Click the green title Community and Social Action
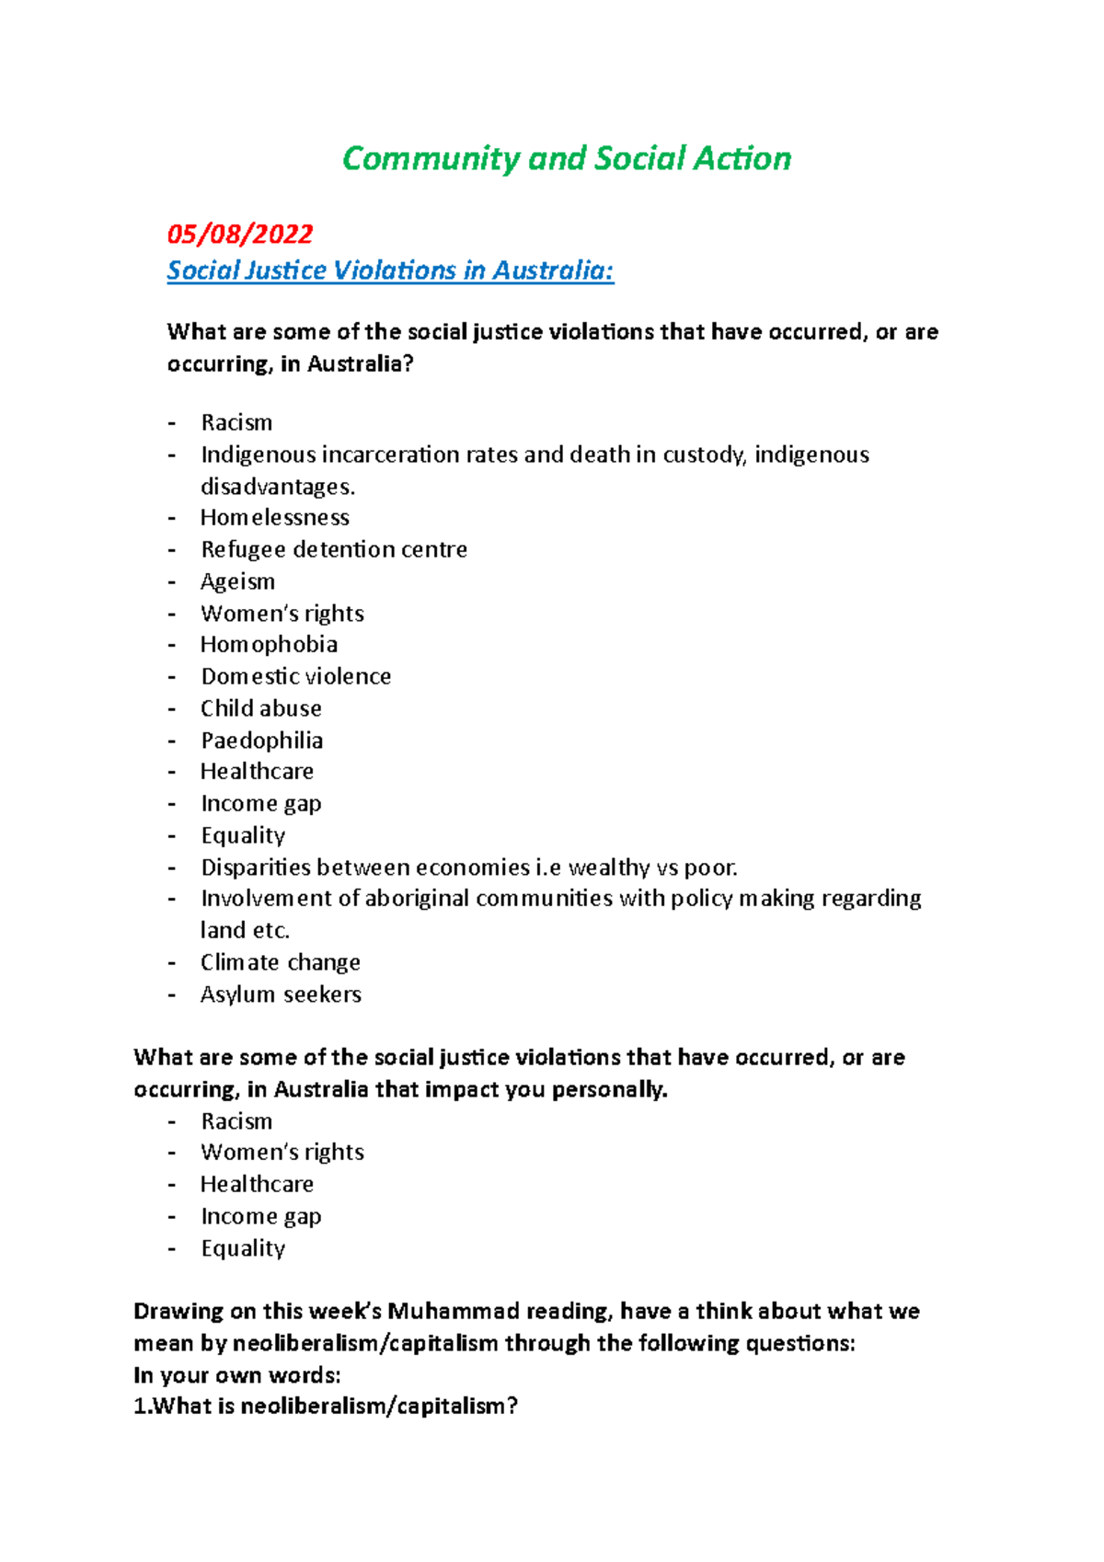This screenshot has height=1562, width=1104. click(x=566, y=159)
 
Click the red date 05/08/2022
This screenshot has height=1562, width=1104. click(x=239, y=234)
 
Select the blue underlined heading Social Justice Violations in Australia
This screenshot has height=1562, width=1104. click(x=390, y=270)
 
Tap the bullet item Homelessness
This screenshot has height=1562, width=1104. click(x=274, y=517)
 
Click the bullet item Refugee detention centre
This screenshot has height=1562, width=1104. click(x=333, y=549)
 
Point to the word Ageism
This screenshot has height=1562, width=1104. click(x=237, y=581)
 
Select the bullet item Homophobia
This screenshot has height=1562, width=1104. click(x=269, y=644)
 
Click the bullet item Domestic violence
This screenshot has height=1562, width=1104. click(x=295, y=676)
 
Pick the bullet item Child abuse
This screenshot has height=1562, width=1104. click(x=260, y=708)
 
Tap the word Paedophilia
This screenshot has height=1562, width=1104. click(x=261, y=741)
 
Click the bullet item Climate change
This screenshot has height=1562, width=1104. click(x=280, y=962)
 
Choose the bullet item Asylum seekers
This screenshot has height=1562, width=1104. click(x=281, y=994)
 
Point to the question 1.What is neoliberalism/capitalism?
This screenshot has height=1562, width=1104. click(x=326, y=1407)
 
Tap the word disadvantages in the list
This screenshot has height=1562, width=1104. click(x=276, y=486)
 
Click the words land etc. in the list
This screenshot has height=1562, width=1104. click(x=245, y=930)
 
